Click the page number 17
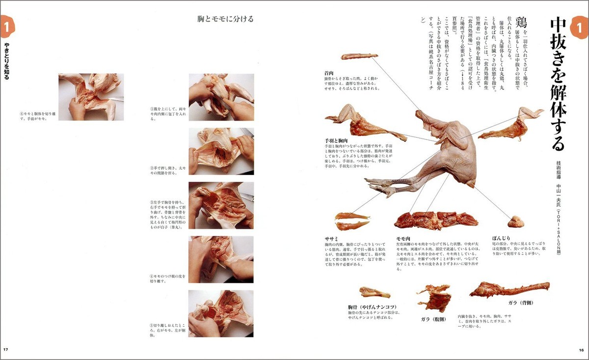(x=6, y=350)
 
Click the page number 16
(x=581, y=350)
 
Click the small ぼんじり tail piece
(x=515, y=222)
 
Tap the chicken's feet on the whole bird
(x=380, y=187)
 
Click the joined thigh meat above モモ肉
(x=429, y=220)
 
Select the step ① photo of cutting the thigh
(x=221, y=97)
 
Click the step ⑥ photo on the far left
(x=91, y=97)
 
